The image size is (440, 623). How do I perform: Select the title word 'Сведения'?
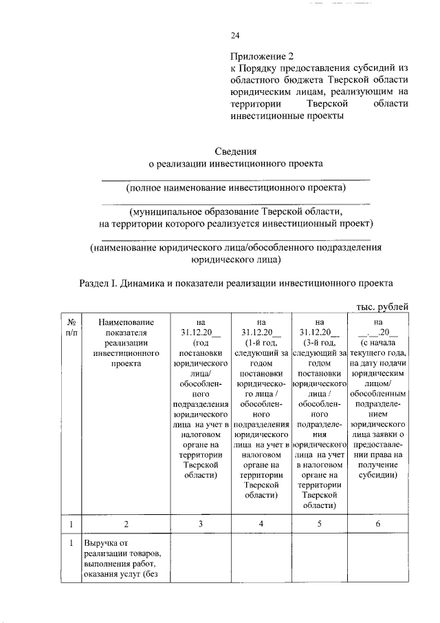click(236, 151)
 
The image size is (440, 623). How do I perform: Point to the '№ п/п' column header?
click(71, 326)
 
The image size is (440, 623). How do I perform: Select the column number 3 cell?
click(200, 525)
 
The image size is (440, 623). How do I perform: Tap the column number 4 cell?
click(261, 525)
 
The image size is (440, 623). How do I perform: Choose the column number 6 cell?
click(377, 525)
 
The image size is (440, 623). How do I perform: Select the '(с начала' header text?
click(377, 342)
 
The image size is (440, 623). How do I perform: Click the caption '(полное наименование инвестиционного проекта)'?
click(236, 188)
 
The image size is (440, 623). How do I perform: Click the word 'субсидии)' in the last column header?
click(377, 475)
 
